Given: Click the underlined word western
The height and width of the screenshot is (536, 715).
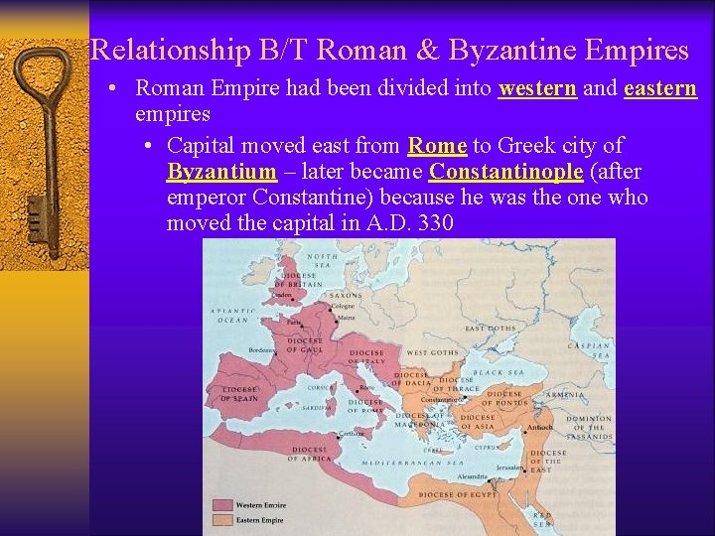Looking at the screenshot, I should pos(537,88).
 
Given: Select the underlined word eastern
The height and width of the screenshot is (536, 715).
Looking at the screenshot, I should pos(660,88).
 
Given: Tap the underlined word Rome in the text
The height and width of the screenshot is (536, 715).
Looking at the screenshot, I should pos(437,145).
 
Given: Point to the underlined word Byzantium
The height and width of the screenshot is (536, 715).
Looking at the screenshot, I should pos(221,172).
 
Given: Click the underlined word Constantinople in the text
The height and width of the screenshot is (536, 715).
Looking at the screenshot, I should pos(505,172).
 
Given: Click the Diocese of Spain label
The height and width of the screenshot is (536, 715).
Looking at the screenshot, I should pos(238,393).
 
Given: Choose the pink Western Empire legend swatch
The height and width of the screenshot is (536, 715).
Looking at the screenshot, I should pos(222,505).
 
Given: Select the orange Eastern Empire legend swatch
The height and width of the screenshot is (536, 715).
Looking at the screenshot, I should pos(222,519).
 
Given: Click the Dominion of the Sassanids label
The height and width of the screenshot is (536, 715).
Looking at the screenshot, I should pos(590,427).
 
